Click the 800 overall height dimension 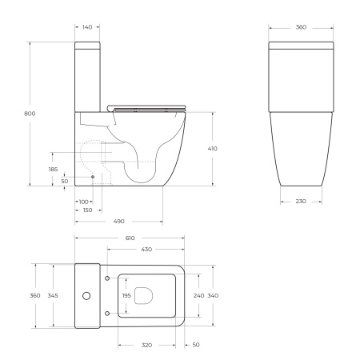click(30, 114)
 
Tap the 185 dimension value click(53, 169)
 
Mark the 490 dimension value click(119, 221)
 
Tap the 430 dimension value click(147, 250)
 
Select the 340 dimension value click(213, 295)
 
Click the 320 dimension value click(147, 346)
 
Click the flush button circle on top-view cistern click(85, 295)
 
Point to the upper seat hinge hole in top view click(108, 278)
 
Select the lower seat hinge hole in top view click(108, 313)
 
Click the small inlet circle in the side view click(94, 176)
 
